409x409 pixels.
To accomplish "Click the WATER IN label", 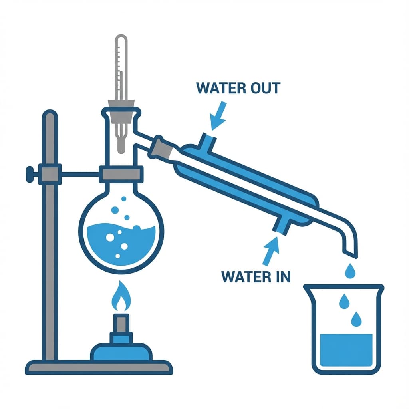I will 255,276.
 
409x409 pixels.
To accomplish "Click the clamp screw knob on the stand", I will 29,174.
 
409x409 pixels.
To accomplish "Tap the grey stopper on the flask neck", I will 121,111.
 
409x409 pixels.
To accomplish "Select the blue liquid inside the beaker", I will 347,352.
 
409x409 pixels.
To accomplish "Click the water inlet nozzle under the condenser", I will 280,225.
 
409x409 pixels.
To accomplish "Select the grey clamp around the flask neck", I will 121,175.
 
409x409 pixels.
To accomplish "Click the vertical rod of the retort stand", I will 50,240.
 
